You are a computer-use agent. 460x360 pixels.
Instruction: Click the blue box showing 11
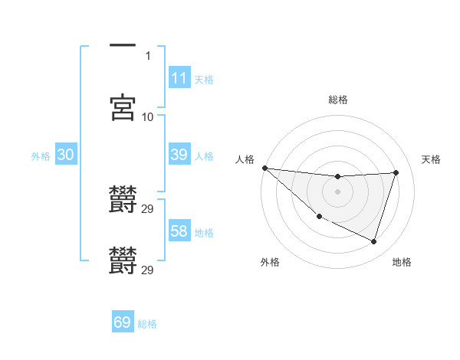[179, 78]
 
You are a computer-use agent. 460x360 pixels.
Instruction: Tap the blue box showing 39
[179, 155]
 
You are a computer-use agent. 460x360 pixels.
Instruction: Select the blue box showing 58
[179, 231]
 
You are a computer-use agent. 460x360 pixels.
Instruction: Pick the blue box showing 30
[65, 155]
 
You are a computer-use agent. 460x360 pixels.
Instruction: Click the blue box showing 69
[123, 322]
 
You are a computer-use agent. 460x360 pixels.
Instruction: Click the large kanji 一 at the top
[123, 46]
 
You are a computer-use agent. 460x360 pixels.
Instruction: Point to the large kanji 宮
[123, 108]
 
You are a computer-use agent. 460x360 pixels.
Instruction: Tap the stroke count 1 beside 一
[148, 55]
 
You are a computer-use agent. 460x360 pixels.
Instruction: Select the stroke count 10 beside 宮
[148, 117]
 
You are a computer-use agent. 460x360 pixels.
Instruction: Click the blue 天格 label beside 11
[203, 80]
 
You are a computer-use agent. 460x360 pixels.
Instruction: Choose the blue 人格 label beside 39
[203, 156]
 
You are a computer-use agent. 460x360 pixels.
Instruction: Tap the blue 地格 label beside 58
[203, 233]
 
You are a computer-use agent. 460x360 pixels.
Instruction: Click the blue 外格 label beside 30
[41, 156]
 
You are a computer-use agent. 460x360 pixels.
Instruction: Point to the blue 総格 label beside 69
[147, 324]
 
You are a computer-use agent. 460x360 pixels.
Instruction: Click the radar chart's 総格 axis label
[337, 100]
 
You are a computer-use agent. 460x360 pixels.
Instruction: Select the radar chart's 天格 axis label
[431, 159]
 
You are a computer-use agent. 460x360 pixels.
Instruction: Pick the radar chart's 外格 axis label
[270, 263]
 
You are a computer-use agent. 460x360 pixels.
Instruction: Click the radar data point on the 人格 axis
[264, 168]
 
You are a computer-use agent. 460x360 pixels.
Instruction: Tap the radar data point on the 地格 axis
[373, 241]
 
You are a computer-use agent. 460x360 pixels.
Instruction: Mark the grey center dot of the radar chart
[337, 191]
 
